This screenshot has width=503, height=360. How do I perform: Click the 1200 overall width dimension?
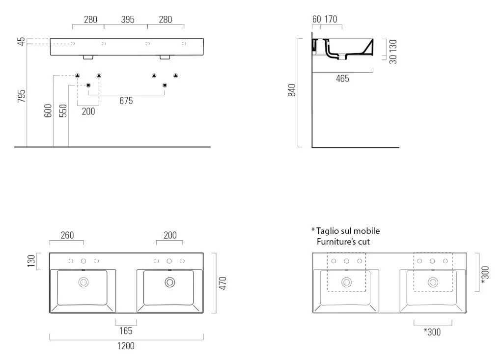point(126,346)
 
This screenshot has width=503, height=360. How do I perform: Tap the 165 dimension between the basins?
point(126,331)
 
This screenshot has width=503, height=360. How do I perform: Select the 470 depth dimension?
point(223,283)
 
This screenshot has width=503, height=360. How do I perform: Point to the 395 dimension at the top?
point(128,20)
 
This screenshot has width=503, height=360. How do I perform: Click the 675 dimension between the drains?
point(126,101)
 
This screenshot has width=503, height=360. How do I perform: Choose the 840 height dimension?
point(292,90)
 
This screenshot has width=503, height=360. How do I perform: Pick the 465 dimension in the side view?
point(342,79)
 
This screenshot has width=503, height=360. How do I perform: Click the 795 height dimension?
point(21,96)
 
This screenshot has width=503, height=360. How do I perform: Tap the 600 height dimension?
point(48,111)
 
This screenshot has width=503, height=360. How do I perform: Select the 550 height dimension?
point(63,111)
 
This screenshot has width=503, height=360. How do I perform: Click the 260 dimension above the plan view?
point(67,235)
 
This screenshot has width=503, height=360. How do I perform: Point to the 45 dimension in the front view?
point(21,41)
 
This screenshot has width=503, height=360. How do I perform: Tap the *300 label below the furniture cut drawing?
point(432,332)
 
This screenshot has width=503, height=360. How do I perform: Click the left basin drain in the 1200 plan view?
point(84,282)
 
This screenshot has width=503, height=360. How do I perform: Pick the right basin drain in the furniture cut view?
point(433,282)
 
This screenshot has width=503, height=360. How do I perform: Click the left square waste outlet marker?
point(88,85)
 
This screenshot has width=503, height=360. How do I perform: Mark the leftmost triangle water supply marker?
point(77,76)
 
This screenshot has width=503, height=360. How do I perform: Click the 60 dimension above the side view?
point(317,19)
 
